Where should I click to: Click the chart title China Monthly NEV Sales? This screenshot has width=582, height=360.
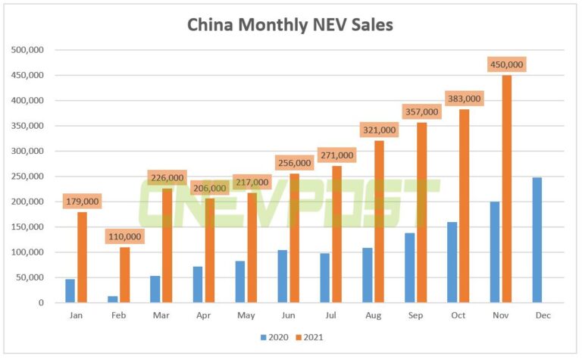pyautogui.click(x=290, y=24)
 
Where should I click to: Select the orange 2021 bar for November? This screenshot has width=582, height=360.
pyautogui.click(x=506, y=189)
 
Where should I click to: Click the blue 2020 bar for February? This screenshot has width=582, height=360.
pyautogui.click(x=113, y=299)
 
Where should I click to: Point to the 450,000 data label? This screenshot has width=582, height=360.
pyautogui.click(x=506, y=64)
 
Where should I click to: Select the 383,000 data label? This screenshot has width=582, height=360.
pyautogui.click(x=464, y=99)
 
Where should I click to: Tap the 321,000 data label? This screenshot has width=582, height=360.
pyautogui.click(x=379, y=130)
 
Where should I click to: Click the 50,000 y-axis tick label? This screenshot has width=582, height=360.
pyautogui.click(x=30, y=277)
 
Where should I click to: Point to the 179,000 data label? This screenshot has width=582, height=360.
pyautogui.click(x=82, y=202)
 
